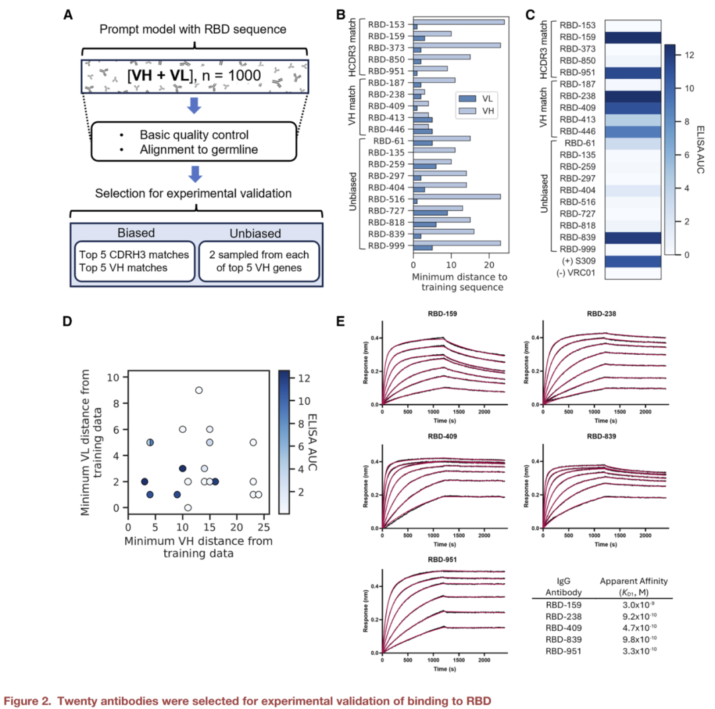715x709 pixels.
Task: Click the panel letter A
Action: coord(68,13)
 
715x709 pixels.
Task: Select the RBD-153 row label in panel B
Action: coord(387,26)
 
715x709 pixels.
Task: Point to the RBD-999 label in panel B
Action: coord(387,247)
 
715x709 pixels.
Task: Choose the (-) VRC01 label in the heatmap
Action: coord(573,272)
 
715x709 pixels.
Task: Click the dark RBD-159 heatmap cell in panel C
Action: coord(626,37)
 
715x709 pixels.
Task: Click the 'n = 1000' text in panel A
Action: coord(234,79)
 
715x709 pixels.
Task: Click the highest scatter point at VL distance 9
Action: coord(198,390)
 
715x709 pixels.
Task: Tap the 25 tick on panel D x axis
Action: coord(263,527)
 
